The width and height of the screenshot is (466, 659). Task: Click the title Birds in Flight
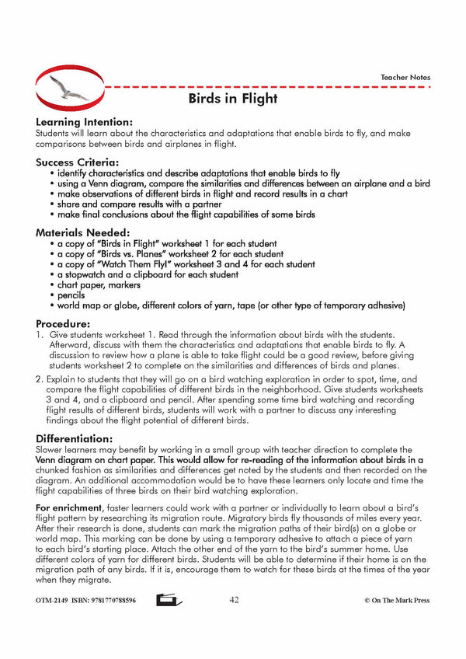point(233,99)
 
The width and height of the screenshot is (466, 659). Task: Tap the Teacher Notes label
point(405,78)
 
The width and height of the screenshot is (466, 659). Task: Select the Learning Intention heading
point(84,122)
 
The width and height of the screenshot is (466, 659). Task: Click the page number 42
point(235,600)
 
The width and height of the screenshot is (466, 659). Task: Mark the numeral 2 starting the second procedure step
point(39,382)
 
